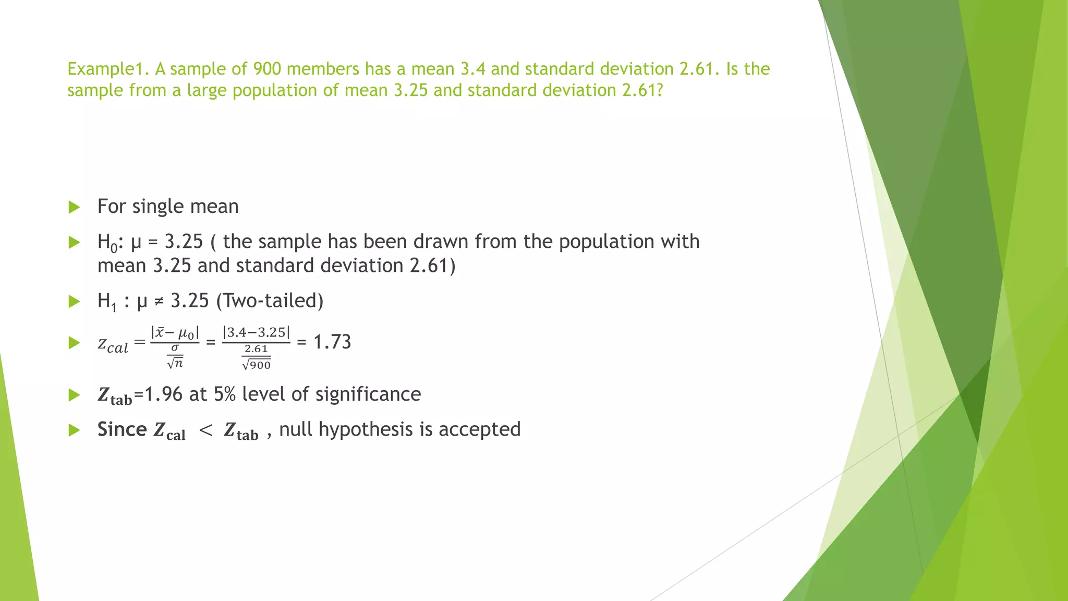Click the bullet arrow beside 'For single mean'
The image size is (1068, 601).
tap(74, 207)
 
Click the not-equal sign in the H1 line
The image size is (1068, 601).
tap(159, 302)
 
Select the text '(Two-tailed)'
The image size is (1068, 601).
tap(270, 301)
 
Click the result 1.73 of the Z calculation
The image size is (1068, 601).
tap(332, 342)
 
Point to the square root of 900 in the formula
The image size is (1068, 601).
tap(256, 365)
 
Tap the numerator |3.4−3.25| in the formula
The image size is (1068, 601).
tap(256, 332)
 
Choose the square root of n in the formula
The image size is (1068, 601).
tap(175, 363)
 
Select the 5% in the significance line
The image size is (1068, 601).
tap(225, 394)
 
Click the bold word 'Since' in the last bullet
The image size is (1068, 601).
tap(122, 429)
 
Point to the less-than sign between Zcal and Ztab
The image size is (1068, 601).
tap(206, 430)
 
